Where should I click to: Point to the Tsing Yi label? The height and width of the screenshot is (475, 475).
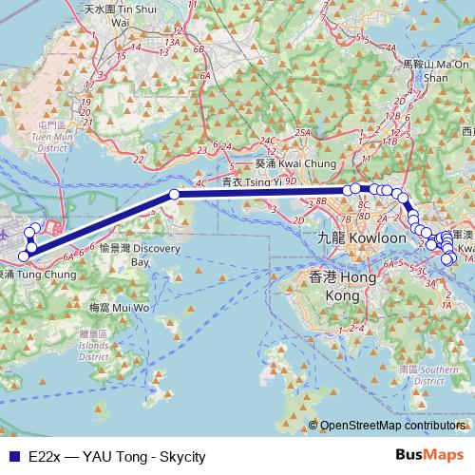pyautogui.click(x=246, y=181)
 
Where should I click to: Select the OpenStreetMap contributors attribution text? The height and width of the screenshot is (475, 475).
pyautogui.click(x=395, y=427)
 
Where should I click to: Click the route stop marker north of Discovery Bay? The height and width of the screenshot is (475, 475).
pyautogui.click(x=174, y=194)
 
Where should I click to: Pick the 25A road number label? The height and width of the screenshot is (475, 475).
pyautogui.click(x=303, y=132)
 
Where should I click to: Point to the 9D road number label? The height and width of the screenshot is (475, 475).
pyautogui.click(x=291, y=180)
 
